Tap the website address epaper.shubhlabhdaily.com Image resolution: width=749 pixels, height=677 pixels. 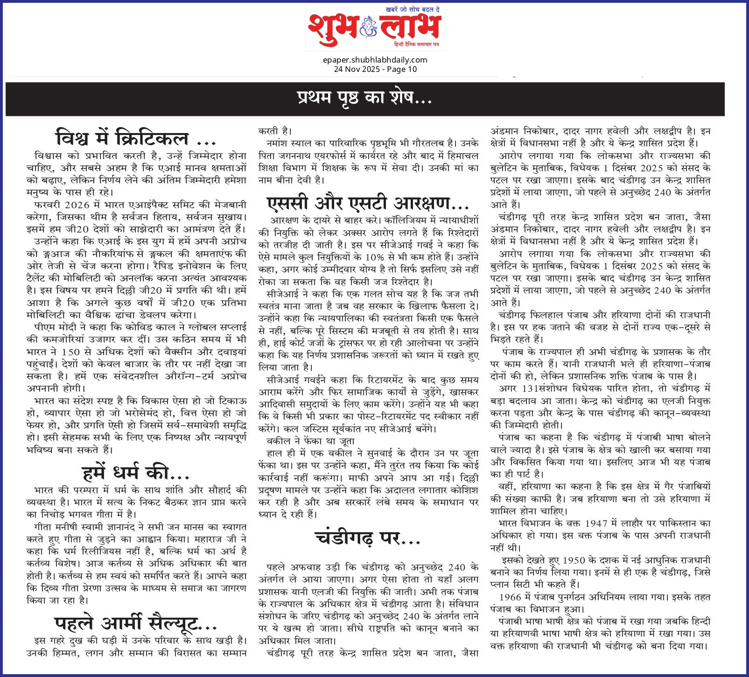pos(375,60)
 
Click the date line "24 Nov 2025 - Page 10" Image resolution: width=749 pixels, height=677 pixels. pos(375,69)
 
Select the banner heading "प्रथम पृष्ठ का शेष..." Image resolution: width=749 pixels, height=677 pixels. pos(364,98)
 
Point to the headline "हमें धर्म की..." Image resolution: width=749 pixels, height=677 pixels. pos(136,473)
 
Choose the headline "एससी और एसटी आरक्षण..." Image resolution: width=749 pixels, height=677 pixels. pos(368,204)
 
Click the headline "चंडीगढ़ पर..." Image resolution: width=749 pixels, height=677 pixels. pos(368,538)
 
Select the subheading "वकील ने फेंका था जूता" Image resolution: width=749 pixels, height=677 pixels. pos(310,441)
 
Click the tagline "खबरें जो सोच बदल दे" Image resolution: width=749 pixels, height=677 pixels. pos(413,10)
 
